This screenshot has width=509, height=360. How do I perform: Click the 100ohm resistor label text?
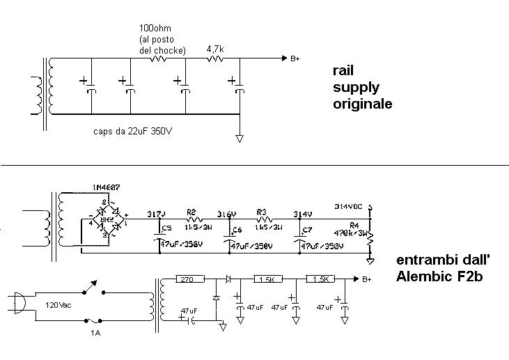pyautogui.click(x=152, y=28)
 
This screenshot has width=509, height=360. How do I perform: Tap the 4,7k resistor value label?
pyautogui.click(x=216, y=50)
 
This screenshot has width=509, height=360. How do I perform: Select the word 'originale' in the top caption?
pyautogui.click(x=362, y=104)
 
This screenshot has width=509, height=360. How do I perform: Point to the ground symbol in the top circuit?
pyautogui.click(x=240, y=139)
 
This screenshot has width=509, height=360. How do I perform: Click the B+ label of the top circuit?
pyautogui.click(x=295, y=59)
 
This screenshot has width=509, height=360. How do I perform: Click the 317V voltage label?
pyautogui.click(x=157, y=214)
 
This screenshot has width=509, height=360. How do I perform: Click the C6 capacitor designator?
pyautogui.click(x=237, y=230)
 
